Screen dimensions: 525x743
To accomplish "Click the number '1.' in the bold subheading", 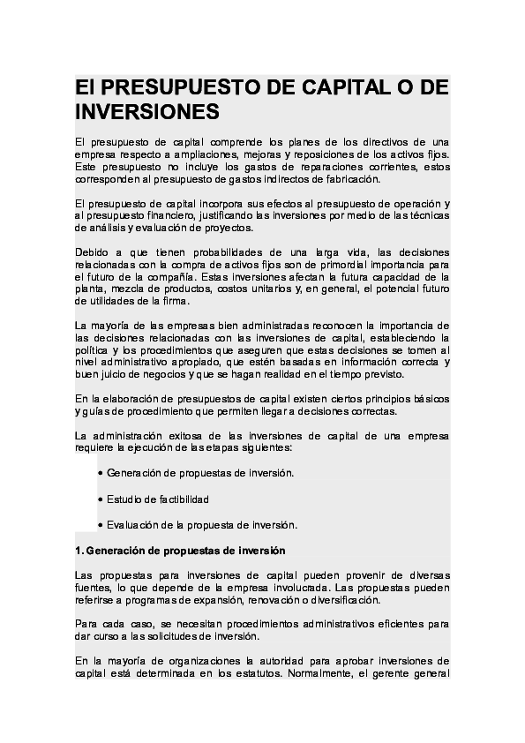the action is click(x=79, y=551).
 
